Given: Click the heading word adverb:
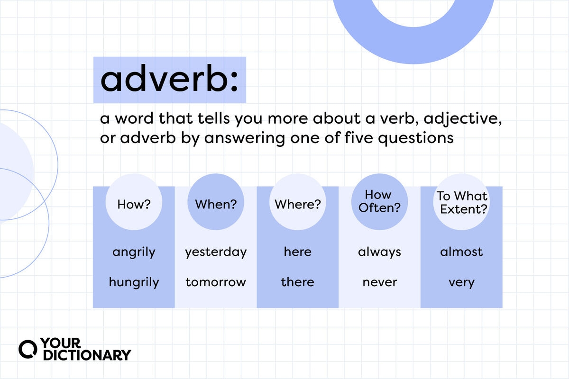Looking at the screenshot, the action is pyautogui.click(x=169, y=78).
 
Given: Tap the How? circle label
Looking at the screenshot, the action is pyautogui.click(x=134, y=204).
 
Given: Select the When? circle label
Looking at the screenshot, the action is pyautogui.click(x=216, y=204).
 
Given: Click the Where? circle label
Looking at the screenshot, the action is pyautogui.click(x=298, y=204).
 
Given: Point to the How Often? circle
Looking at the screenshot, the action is pyautogui.click(x=379, y=202).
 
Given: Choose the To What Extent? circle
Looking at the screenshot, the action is pyautogui.click(x=461, y=202).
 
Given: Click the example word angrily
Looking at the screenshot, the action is pyautogui.click(x=134, y=253).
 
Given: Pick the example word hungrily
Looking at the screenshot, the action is pyautogui.click(x=134, y=282).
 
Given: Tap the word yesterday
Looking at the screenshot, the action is pyautogui.click(x=216, y=253).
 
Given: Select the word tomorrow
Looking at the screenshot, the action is pyautogui.click(x=216, y=282).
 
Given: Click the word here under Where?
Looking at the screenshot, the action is pyautogui.click(x=298, y=252).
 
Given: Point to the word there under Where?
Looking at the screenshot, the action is pyautogui.click(x=298, y=282).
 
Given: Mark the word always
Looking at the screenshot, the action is pyautogui.click(x=379, y=253).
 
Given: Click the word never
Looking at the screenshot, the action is pyautogui.click(x=379, y=282).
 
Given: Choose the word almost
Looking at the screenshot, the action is pyautogui.click(x=461, y=252).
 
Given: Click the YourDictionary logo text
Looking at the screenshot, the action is pyautogui.click(x=86, y=349).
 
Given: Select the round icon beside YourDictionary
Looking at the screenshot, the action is pyautogui.click(x=28, y=349).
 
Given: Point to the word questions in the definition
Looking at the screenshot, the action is pyautogui.click(x=416, y=139).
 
